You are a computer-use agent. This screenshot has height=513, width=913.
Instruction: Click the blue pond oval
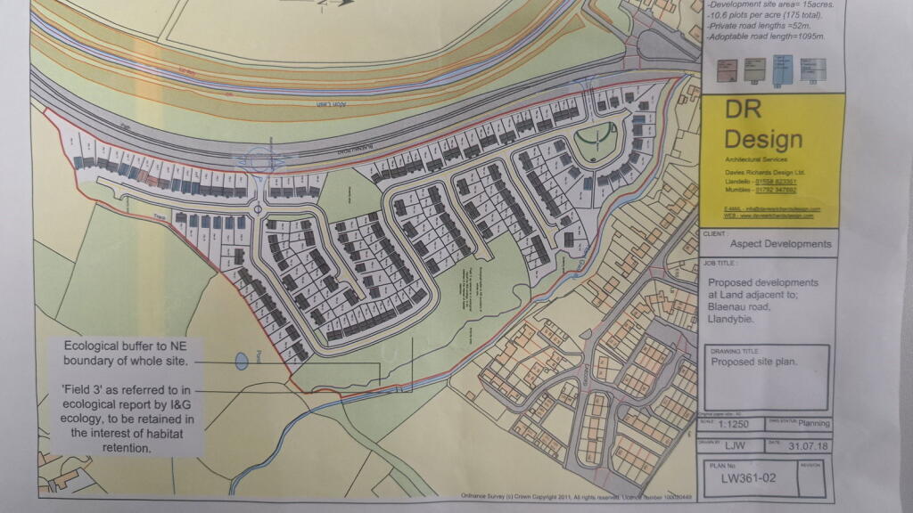click(x=241, y=362)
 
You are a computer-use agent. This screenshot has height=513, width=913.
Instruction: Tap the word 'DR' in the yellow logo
click(x=744, y=110)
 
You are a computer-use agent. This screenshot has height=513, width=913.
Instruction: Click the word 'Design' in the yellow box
click(x=763, y=140)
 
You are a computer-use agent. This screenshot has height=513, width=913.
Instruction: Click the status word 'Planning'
click(x=814, y=425)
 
